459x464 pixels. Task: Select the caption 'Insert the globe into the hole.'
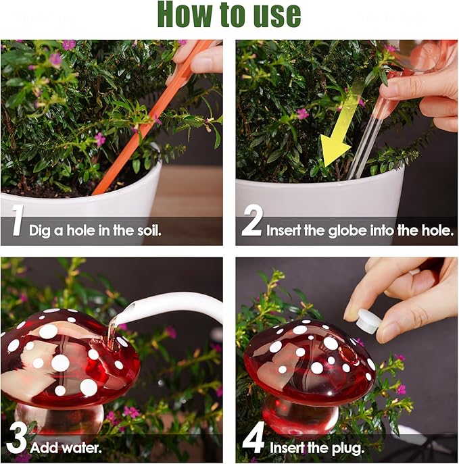tap(360, 230)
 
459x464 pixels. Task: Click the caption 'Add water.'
tap(66, 446)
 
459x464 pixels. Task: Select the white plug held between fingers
tap(368, 321)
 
